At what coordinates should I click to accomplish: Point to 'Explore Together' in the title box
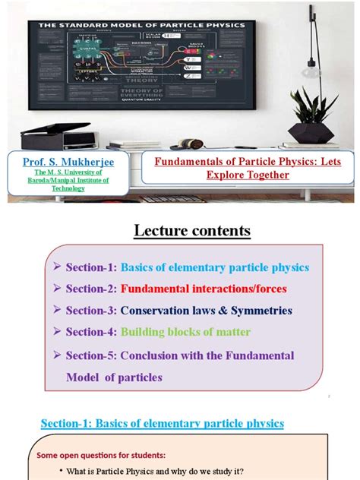(x=248, y=175)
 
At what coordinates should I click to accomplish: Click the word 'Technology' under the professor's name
(x=63, y=188)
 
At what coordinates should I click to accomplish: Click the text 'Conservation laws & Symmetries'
(x=206, y=311)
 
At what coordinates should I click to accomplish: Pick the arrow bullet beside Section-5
(x=57, y=355)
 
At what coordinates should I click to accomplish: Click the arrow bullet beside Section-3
(x=57, y=311)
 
